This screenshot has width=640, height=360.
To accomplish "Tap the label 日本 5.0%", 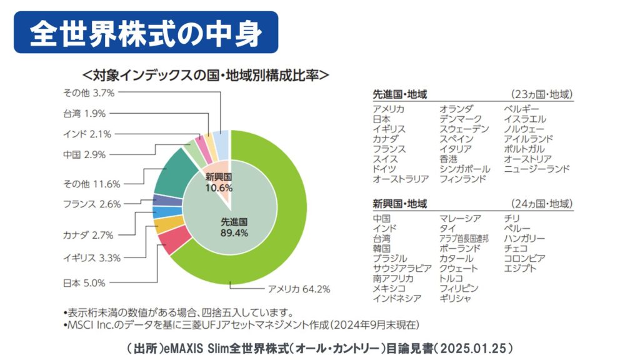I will (x=83, y=282).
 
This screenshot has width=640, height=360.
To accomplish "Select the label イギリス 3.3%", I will (x=92, y=257).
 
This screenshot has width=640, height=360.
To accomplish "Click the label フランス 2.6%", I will (x=92, y=203).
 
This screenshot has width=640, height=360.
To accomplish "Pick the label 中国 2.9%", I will (x=84, y=154).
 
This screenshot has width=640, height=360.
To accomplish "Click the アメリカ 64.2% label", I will (x=299, y=289).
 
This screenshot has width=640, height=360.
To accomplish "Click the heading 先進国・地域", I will (x=400, y=94).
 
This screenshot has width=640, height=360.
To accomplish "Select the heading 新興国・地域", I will (x=400, y=204).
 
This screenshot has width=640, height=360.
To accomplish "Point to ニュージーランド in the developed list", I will (x=537, y=169).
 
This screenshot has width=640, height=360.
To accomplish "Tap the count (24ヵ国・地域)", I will (x=542, y=204).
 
